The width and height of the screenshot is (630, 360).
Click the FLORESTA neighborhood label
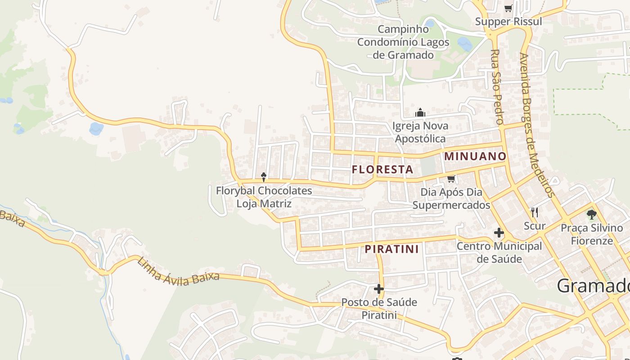[382, 170]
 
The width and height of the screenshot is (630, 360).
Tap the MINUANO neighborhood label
[475, 157]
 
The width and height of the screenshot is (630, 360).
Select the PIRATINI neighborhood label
[391, 249]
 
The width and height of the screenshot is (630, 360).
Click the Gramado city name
[593, 286]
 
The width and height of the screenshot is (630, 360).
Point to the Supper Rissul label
[508, 22]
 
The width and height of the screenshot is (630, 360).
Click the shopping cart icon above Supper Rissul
[508, 8]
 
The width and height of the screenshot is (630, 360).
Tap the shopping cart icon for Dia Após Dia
[451, 179]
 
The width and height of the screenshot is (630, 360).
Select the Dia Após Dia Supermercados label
[451, 198]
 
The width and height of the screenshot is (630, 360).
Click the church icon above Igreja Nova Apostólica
[420, 112]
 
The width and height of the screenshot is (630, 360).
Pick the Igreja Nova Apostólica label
[420, 132]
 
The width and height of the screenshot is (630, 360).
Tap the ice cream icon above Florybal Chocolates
[264, 177]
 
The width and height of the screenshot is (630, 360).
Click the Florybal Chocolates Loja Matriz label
[264, 197]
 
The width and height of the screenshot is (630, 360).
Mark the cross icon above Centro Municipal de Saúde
[499, 233]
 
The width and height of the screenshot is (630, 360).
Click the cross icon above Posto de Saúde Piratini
[379, 288]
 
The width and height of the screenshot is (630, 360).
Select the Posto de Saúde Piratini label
[379, 308]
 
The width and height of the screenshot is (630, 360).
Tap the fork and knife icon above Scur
[535, 212]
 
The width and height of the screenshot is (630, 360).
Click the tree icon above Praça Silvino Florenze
[591, 214]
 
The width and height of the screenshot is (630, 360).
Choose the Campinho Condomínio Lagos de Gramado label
[403, 42]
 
